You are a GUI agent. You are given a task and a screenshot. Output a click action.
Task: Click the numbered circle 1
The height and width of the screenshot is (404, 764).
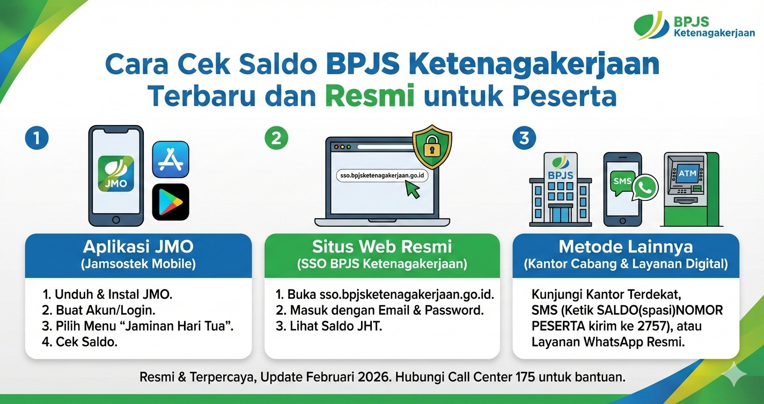click(x=36, y=138)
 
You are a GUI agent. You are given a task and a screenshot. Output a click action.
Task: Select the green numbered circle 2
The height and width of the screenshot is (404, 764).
click(x=276, y=138)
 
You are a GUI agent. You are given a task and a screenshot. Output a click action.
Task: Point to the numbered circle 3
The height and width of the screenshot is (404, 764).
click(x=524, y=138)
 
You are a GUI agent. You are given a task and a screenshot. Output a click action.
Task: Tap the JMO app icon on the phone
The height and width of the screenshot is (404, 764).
click(x=116, y=174)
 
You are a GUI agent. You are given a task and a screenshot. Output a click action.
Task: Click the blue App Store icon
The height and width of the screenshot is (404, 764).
click(x=171, y=159)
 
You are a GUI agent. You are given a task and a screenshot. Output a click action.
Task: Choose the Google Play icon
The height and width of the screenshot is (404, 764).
click(x=171, y=202)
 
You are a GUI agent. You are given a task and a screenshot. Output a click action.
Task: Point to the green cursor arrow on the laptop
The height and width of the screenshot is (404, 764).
click(x=413, y=189)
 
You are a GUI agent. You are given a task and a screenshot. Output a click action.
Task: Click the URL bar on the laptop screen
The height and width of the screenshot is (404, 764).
click(x=383, y=176)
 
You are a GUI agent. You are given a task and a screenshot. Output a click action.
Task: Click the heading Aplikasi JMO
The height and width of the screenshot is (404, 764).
click(x=138, y=247)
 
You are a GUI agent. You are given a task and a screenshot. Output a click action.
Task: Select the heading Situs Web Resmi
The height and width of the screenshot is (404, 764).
click(x=382, y=247)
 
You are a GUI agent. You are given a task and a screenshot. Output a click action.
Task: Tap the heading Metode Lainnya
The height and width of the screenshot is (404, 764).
click(x=626, y=247)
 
